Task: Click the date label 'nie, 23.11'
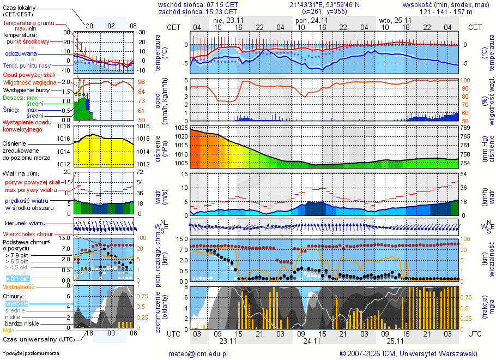pos(228,20)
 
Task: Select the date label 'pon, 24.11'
pos(311,20)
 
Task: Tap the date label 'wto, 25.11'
pos(395,20)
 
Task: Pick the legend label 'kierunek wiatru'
pos(25,224)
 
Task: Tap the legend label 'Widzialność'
pos(19,286)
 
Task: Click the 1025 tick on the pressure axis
pos(182,128)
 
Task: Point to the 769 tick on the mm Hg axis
pos(465,128)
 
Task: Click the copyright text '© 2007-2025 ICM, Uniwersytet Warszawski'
pos(408,353)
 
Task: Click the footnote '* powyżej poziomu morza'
pos(31,353)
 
